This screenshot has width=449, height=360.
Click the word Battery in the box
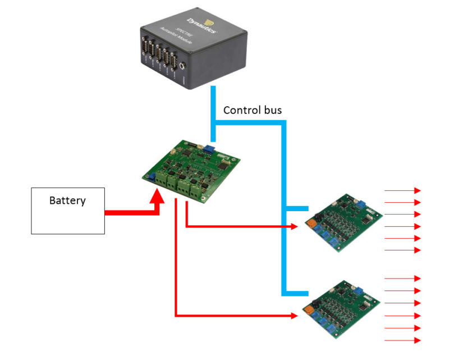click(x=67, y=200)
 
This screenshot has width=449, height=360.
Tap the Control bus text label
click(x=252, y=110)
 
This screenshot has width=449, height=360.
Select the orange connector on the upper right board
click(x=309, y=224)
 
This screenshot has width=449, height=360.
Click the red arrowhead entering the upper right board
click(x=294, y=227)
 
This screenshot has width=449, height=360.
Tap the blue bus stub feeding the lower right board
click(x=297, y=293)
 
